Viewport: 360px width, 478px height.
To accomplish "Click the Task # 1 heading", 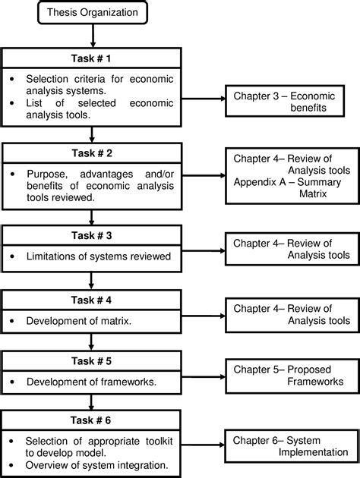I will click(x=92, y=58).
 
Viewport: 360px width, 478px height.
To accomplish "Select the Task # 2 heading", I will click(x=92, y=153).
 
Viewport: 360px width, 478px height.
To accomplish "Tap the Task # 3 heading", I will click(x=92, y=236).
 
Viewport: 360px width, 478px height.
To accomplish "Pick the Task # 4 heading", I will click(x=92, y=301).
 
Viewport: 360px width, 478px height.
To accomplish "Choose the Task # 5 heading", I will click(x=92, y=362).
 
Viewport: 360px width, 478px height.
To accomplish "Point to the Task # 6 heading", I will click(x=92, y=422).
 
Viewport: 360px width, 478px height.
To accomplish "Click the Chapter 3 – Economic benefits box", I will click(x=289, y=102).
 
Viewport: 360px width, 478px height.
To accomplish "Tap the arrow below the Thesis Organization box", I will click(x=92, y=36).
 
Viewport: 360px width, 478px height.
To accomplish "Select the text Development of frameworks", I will click(x=91, y=382).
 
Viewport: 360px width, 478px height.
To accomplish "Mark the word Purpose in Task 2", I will click(x=47, y=172).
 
